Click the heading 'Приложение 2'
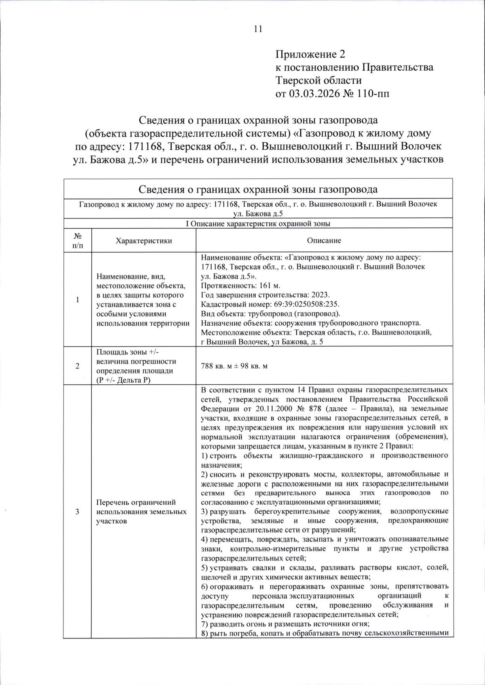(x=311, y=54)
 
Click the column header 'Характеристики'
(x=143, y=241)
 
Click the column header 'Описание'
(x=324, y=241)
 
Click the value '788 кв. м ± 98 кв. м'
(x=234, y=366)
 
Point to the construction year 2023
(x=321, y=295)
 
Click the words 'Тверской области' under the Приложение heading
(x=318, y=80)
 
